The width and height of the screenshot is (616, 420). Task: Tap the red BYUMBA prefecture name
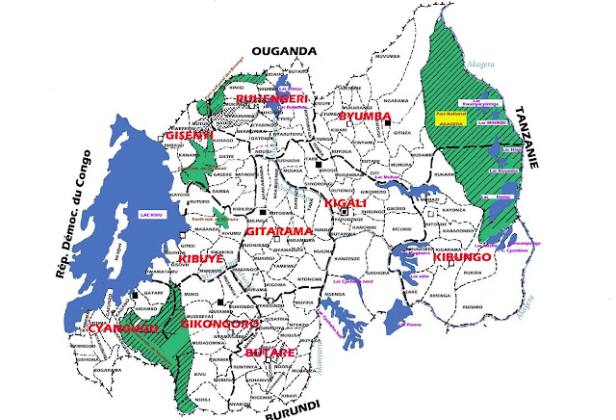(365, 117)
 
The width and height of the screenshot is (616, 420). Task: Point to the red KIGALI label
(345, 204)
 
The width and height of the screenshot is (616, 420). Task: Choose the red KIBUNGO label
(463, 258)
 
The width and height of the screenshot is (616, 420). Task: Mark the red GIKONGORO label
(219, 325)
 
